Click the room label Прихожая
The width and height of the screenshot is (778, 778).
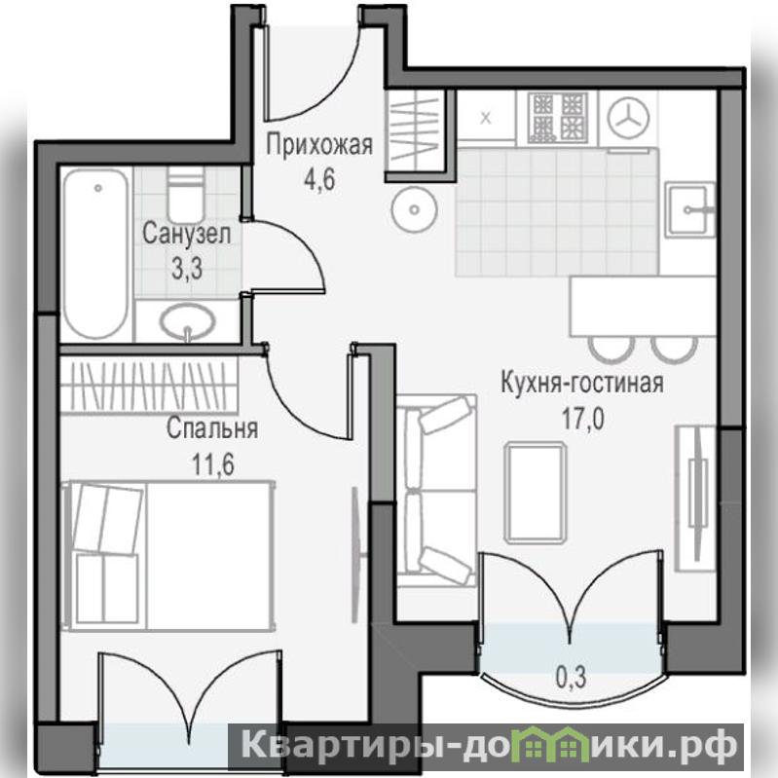pyautogui.click(x=319, y=145)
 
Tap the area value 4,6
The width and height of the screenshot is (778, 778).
pyautogui.click(x=320, y=179)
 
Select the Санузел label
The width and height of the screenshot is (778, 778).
pyautogui.click(x=187, y=234)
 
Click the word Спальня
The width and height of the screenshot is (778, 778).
pyautogui.click(x=212, y=428)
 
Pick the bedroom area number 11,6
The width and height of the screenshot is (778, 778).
pyautogui.click(x=213, y=464)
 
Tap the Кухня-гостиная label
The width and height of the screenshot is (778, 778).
pyautogui.click(x=582, y=383)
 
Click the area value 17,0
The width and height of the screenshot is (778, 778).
pyautogui.click(x=582, y=420)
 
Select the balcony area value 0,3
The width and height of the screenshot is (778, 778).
pyautogui.click(x=572, y=677)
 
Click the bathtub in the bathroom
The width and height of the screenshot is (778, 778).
pyautogui.click(x=96, y=253)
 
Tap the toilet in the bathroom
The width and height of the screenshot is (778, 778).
pyautogui.click(x=186, y=195)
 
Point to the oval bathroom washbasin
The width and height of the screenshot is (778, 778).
pyautogui.click(x=188, y=321)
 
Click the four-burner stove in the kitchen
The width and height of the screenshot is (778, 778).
pyautogui.click(x=558, y=117)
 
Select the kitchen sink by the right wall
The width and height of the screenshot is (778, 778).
pyautogui.click(x=689, y=210)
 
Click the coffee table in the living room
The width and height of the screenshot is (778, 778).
pyautogui.click(x=536, y=494)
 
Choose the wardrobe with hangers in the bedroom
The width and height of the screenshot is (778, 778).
pyautogui.click(x=149, y=385)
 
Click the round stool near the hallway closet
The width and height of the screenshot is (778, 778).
pyautogui.click(x=415, y=209)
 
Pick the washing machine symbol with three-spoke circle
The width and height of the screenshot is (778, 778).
pyautogui.click(x=629, y=117)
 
